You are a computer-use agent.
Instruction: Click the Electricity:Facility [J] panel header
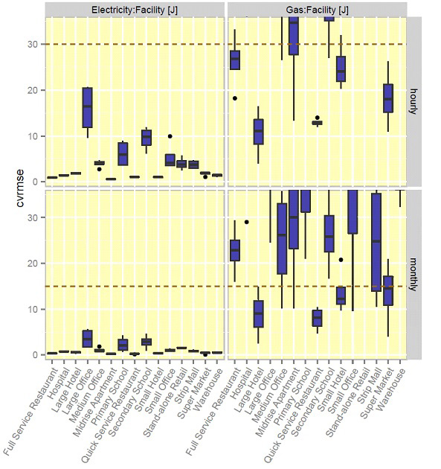[x=135, y=10]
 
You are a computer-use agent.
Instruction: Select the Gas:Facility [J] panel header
[x=317, y=10]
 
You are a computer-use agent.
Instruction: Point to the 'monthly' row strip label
[x=413, y=272]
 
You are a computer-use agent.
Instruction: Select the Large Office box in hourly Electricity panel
[x=87, y=107]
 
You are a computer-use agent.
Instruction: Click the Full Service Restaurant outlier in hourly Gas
[x=234, y=98]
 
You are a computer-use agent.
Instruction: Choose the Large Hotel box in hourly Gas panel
[x=258, y=131]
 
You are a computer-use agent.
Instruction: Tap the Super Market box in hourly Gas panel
[x=387, y=98]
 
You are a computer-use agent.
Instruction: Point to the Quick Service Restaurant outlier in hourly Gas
[x=317, y=118]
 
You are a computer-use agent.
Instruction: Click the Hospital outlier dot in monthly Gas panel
[x=246, y=222]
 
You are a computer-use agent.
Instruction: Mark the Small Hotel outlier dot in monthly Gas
[x=341, y=260]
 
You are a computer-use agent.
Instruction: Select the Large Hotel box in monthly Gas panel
[x=258, y=313]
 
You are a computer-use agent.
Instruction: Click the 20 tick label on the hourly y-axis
[x=34, y=90]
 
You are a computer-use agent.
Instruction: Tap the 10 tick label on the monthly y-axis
[x=34, y=309]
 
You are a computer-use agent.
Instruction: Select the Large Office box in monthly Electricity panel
[x=87, y=338]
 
